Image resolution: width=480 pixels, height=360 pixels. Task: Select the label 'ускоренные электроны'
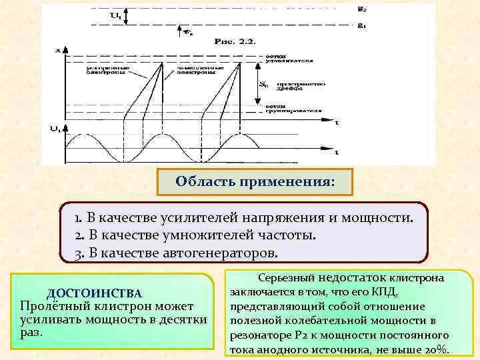click(x=103, y=69)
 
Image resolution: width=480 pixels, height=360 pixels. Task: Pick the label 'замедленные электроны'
click(x=185, y=69)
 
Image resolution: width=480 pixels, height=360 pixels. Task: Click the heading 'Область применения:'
click(x=255, y=181)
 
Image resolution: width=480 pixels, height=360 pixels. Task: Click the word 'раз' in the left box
click(x=31, y=332)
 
